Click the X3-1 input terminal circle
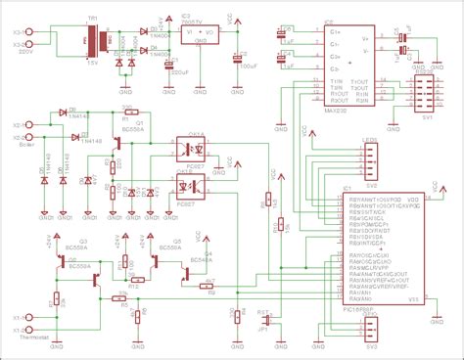pyautogui.click(x=30, y=31)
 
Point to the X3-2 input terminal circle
pyautogui.click(x=30, y=44)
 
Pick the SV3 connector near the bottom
pyautogui.click(x=371, y=333)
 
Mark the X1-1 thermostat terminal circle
pyautogui.click(x=30, y=317)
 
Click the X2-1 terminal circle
pyautogui.click(x=30, y=127)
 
